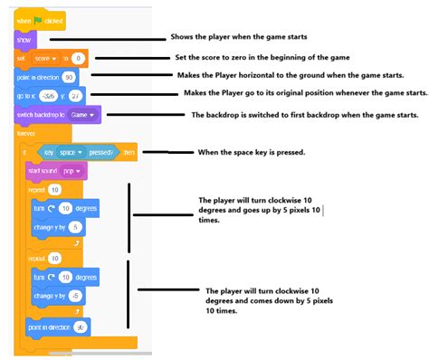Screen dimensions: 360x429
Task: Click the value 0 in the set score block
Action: point(78,59)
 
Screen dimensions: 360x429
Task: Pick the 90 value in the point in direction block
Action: point(68,78)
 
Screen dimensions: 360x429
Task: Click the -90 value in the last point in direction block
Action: point(79,326)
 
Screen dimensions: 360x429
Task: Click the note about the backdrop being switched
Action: point(304,115)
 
